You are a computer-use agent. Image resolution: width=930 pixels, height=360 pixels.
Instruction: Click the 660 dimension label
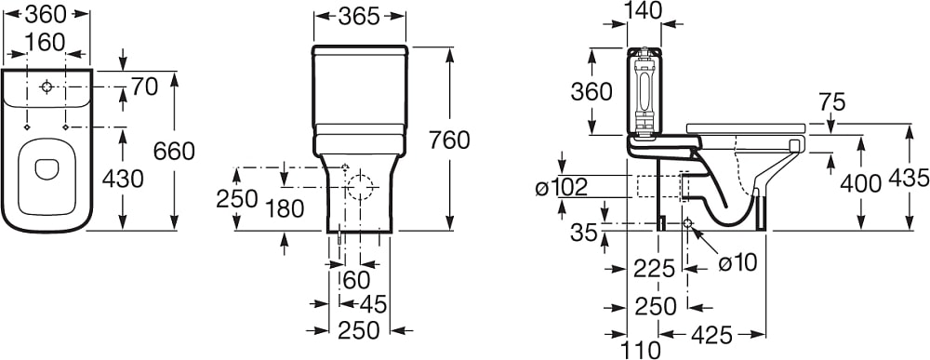(x=174, y=152)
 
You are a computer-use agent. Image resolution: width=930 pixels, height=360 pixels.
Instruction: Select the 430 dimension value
(x=123, y=178)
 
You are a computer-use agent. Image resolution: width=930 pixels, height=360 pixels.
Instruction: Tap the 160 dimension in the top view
(x=46, y=42)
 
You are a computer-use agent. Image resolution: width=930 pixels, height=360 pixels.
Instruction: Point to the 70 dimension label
(x=144, y=87)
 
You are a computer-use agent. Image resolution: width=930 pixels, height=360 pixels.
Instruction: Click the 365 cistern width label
(x=359, y=17)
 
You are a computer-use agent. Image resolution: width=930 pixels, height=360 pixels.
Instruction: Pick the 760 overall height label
(x=448, y=140)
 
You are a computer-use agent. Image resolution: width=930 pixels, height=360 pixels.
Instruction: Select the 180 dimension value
(x=286, y=208)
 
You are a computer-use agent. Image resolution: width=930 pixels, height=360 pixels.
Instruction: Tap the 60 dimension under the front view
(x=356, y=278)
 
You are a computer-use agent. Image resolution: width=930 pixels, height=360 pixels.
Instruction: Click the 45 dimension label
(x=372, y=304)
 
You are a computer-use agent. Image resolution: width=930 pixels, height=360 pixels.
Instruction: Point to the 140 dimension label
(x=644, y=10)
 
